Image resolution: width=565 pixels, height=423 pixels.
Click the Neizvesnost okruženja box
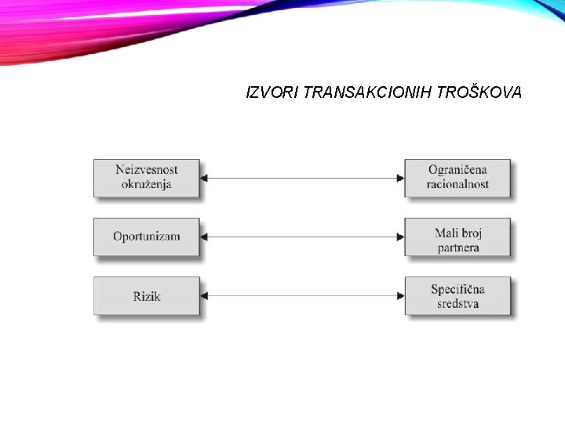(147, 178)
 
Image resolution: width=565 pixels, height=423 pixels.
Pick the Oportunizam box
(147, 237)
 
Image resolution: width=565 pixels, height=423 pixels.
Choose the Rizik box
(147, 296)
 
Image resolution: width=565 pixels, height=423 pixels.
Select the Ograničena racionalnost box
(457, 178)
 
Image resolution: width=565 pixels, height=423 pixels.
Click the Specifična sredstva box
(457, 296)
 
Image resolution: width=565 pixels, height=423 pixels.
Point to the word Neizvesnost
(147, 170)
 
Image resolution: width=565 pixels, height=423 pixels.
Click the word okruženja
(147, 186)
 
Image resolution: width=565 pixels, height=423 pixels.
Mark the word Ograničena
(458, 170)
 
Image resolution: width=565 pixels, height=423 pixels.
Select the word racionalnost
(458, 185)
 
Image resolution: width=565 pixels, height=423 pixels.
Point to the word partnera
(458, 248)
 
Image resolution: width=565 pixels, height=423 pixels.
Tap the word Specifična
(458, 289)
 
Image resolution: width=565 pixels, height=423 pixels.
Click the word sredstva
(458, 304)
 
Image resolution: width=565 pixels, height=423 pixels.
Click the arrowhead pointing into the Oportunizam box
(205, 237)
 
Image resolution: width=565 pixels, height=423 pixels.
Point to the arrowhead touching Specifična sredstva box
(400, 296)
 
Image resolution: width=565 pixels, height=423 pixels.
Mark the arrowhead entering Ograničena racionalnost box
(400, 178)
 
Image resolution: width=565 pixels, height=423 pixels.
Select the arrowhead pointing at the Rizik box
(205, 296)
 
